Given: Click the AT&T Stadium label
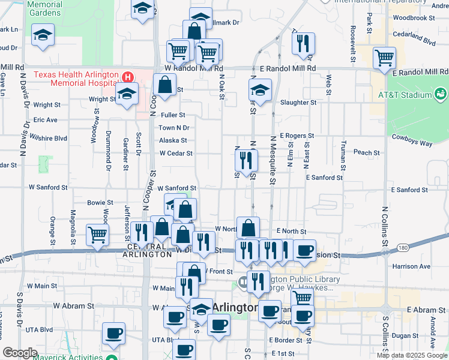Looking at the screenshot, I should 404,95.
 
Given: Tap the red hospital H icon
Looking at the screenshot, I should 127,77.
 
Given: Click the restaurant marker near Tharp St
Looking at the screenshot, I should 303,43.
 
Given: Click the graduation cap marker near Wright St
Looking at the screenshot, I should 127,94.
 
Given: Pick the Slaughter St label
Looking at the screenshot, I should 298,103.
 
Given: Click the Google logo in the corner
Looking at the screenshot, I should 20,353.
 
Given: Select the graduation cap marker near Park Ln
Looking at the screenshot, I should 43,35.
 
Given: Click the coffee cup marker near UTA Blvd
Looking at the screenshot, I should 113,334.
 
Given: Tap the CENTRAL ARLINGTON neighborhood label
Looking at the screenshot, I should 146,250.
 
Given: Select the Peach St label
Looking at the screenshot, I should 367,153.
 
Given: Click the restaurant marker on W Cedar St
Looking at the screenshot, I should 246,160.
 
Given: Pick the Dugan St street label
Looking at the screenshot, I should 406,336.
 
